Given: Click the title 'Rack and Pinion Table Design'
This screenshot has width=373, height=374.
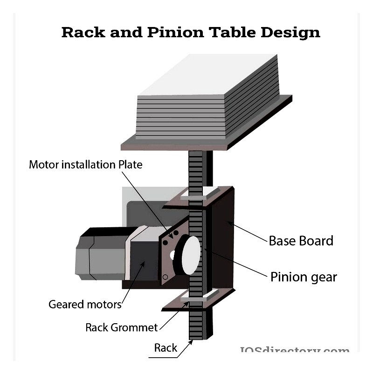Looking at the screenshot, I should [x=191, y=32].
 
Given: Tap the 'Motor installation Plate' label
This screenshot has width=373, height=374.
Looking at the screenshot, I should [x=85, y=164].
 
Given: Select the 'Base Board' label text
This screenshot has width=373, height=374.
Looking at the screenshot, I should [x=301, y=241].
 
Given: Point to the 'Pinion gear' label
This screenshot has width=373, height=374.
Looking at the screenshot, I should [x=304, y=277].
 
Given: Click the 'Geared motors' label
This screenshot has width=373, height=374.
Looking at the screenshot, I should [x=85, y=305].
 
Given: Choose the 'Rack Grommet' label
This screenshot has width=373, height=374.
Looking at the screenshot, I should [x=121, y=327].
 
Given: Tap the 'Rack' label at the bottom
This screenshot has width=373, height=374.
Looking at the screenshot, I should [x=166, y=347].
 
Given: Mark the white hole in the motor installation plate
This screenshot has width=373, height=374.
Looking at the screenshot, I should [x=173, y=255].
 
